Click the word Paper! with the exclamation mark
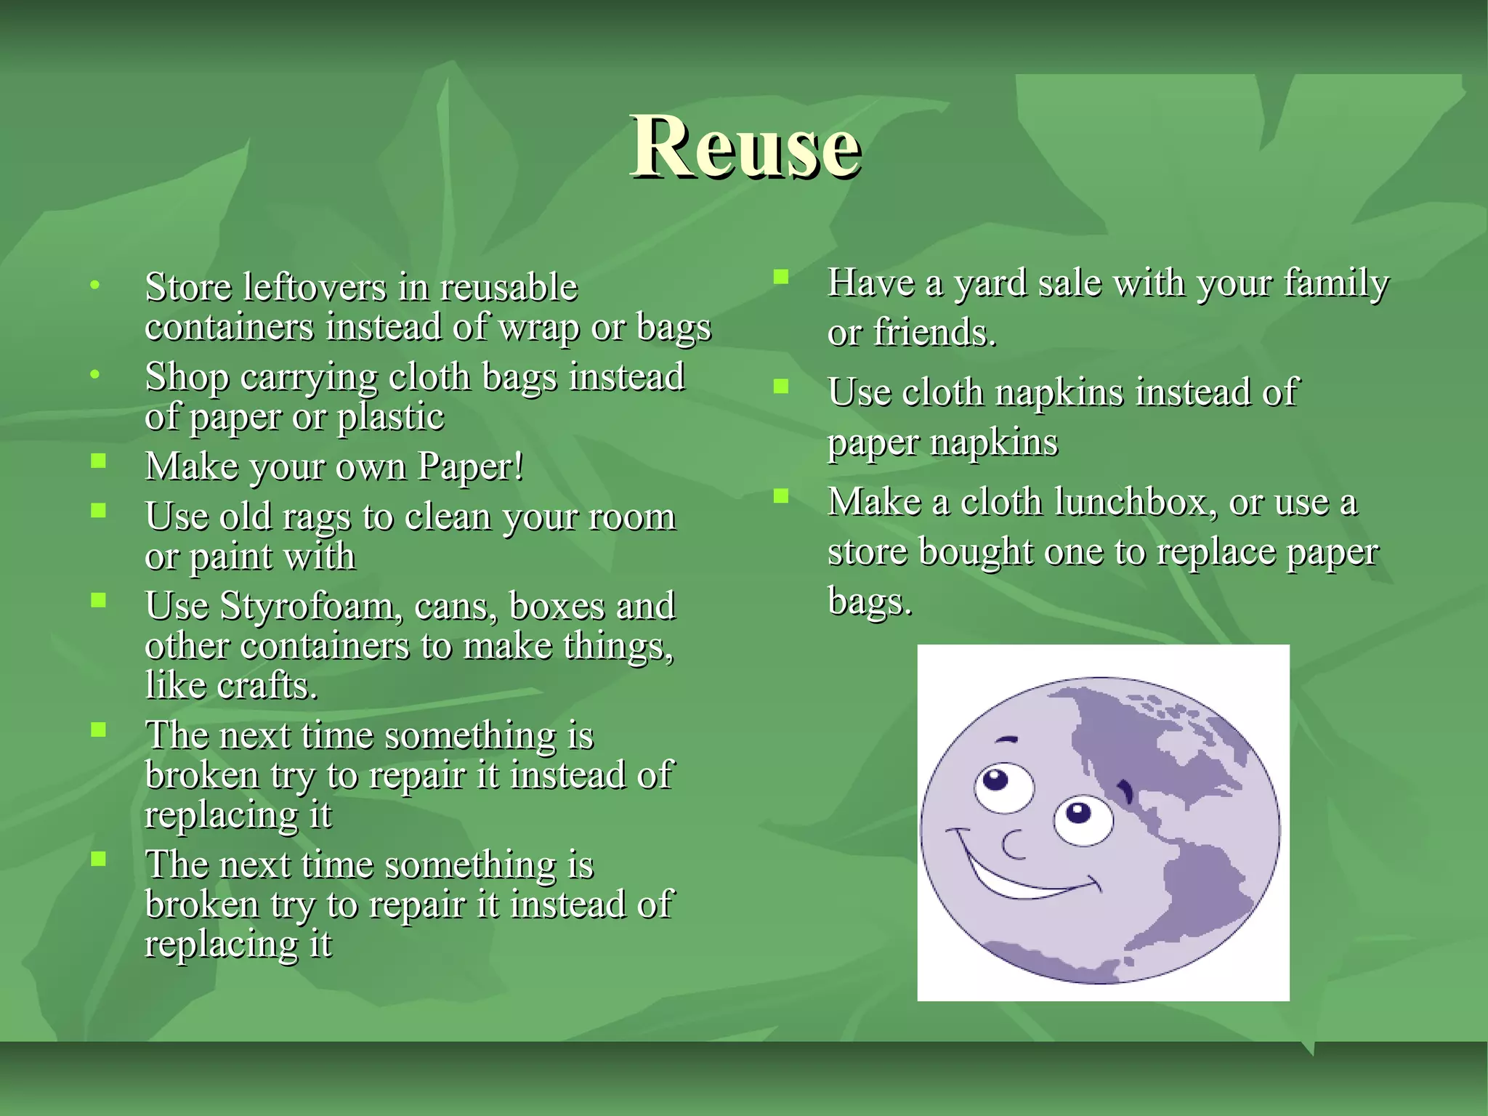point(470,466)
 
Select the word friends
point(934,333)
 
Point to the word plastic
point(391,417)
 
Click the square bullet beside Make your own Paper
point(99,461)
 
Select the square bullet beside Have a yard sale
point(781,277)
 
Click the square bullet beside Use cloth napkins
point(781,386)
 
